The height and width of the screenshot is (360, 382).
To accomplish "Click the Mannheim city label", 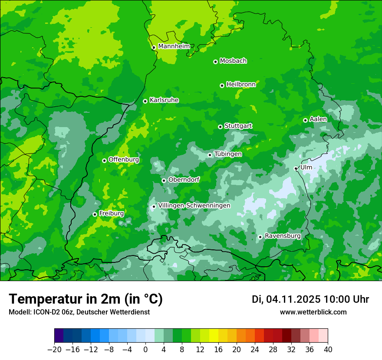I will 174,46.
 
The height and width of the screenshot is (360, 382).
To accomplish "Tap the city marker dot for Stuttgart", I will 220,127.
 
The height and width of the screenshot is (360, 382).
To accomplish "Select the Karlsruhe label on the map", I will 164,100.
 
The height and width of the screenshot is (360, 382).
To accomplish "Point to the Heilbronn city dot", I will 222,85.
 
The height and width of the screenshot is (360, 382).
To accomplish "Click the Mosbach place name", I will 233,61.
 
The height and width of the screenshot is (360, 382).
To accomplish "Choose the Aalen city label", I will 318,119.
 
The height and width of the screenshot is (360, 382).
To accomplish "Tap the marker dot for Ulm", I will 296,168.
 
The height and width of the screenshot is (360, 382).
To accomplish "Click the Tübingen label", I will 228,154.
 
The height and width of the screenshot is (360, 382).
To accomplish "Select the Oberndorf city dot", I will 164,180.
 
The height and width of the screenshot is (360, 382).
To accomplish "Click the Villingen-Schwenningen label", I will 194,206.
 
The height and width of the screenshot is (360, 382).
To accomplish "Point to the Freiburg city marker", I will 95,214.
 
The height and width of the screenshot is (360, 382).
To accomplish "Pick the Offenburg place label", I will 124,160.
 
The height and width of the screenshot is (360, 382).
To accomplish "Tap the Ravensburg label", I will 283,236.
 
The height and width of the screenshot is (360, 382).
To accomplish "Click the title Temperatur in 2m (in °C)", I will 86,299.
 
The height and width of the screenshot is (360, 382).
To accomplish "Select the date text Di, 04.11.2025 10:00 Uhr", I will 310,299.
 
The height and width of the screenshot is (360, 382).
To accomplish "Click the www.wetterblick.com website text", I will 313,312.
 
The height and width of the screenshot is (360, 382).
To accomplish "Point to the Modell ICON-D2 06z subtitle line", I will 79,312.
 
